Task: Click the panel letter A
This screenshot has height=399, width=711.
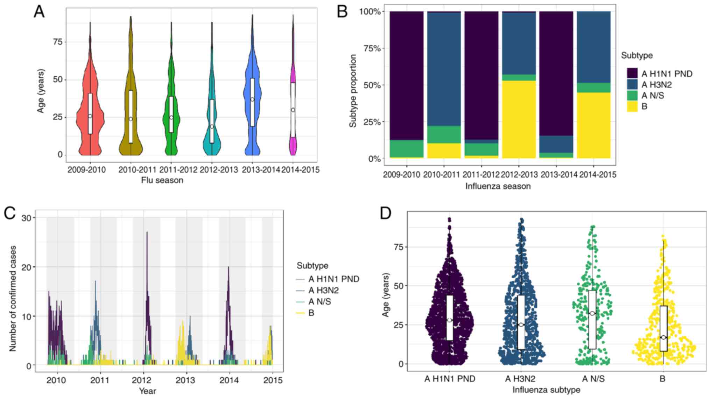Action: point(39,12)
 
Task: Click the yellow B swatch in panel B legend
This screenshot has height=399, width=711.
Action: point(632,107)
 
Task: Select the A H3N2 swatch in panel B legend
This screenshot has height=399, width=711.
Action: point(632,85)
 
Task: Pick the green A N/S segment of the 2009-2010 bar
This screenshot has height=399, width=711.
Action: point(406,149)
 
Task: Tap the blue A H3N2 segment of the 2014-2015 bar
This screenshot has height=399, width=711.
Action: point(593,47)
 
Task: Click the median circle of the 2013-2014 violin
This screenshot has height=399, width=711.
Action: point(252,100)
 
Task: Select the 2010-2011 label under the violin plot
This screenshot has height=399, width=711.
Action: point(137,170)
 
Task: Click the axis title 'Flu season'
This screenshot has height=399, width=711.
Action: point(162,180)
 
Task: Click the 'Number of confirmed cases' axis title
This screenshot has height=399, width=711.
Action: point(13,298)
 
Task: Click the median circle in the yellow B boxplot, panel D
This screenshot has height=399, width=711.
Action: point(663,337)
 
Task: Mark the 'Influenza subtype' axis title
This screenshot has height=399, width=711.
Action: point(546,390)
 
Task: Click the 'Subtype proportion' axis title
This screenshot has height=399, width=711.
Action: point(353,91)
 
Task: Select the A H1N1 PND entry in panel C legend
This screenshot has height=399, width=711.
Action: point(333,279)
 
